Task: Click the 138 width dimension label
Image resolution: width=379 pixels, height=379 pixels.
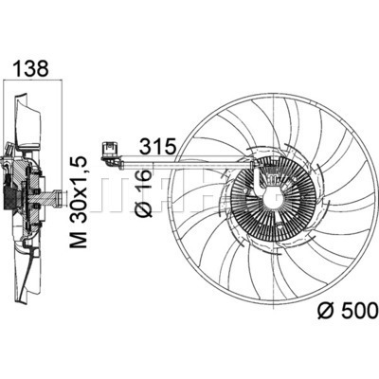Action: (32, 68)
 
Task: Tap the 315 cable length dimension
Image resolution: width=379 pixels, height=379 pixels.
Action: (157, 146)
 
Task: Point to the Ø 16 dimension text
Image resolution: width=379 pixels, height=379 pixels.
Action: (145, 192)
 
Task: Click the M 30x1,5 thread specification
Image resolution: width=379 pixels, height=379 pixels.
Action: (78, 202)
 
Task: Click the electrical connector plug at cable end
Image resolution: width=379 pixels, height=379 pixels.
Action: (109, 150)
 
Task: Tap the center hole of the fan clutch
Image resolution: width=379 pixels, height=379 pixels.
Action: (272, 198)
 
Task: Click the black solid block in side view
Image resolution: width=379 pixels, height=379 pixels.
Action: (9, 196)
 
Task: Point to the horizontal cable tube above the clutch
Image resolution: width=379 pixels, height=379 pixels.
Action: (187, 163)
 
